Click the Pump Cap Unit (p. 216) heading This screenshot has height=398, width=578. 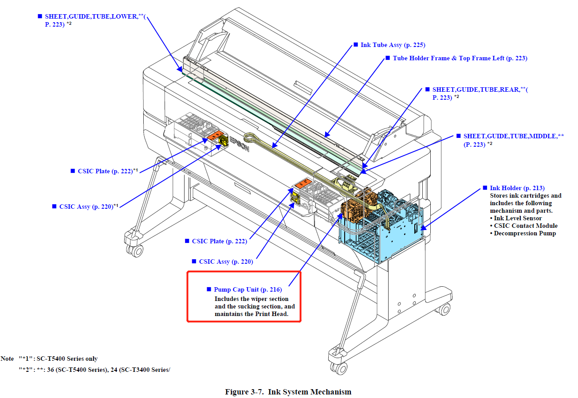point(248,290)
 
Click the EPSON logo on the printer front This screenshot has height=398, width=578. point(239,142)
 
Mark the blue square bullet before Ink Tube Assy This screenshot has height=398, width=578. point(356,45)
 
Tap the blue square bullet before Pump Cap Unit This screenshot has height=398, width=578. point(209,289)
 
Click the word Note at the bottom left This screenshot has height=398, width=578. point(8,359)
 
